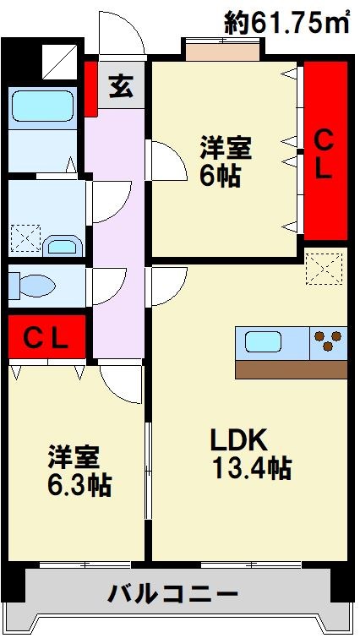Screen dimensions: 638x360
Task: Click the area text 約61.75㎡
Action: pos(287,24)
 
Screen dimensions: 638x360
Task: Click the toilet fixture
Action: pos(34,285)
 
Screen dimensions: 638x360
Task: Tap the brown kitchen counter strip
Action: pos(292,370)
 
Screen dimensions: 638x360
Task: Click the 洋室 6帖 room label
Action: pos(225,161)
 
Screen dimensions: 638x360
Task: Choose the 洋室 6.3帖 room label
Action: pos(78,471)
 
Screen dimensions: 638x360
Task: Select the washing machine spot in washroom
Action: pos(25,239)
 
